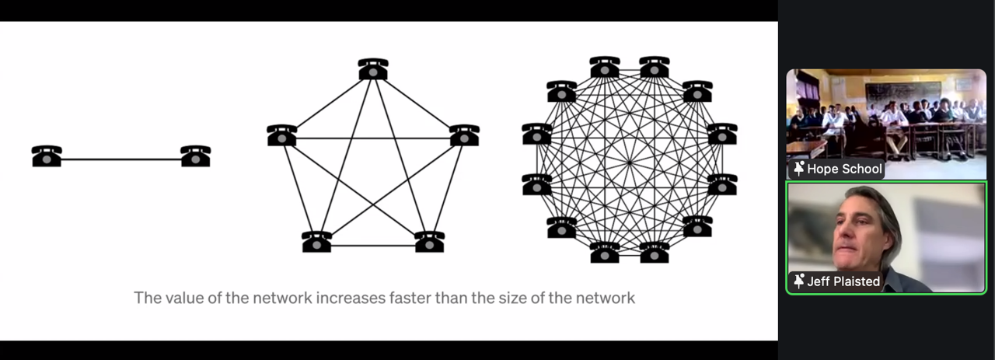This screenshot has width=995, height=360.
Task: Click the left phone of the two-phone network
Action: click(47, 156)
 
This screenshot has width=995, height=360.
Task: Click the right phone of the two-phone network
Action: click(195, 156)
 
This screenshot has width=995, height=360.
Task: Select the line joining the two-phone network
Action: click(120, 160)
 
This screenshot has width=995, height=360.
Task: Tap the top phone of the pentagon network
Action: click(373, 69)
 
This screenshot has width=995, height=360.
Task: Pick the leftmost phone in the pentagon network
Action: click(281, 135)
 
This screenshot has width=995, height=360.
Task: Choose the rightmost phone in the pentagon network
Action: click(464, 135)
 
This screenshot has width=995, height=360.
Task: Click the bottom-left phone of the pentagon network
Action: click(317, 242)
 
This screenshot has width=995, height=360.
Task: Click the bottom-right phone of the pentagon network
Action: click(429, 242)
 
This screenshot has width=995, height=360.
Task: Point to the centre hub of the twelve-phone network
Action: click(630, 160)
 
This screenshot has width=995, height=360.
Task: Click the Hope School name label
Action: click(844, 169)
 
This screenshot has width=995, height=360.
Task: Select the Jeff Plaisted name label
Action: click(843, 281)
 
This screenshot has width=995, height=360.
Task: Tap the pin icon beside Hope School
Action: click(798, 169)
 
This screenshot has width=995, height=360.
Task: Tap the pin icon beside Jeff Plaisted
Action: click(798, 281)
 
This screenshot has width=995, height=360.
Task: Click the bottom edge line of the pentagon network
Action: click(373, 246)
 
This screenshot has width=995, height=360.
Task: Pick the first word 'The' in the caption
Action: click(148, 298)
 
